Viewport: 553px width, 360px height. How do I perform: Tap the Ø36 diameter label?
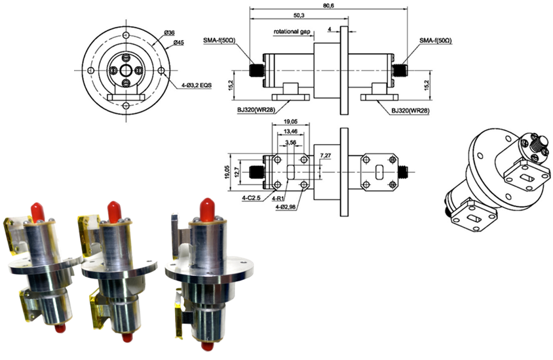pos(169,33)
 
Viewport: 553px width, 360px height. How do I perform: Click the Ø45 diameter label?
pos(178,43)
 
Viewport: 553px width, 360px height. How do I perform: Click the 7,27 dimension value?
pos(326,155)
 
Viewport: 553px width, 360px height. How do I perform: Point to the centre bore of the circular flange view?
pos(124,70)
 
